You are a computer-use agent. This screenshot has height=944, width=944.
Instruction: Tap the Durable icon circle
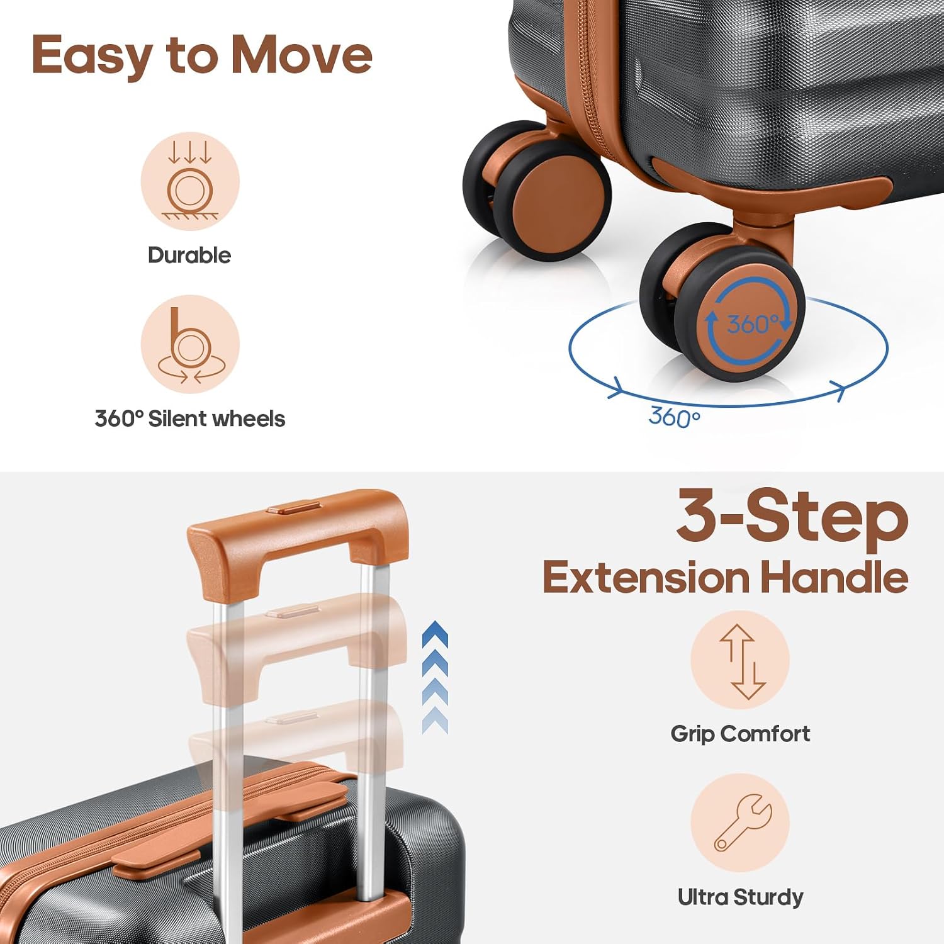click(189, 182)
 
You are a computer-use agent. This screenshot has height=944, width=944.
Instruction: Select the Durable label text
click(189, 255)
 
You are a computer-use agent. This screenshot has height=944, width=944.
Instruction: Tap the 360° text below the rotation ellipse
click(674, 417)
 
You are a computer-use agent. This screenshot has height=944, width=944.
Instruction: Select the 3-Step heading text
click(792, 517)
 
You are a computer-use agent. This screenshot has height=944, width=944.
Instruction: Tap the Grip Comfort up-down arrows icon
click(740, 660)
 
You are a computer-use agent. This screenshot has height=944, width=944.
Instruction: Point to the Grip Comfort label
click(740, 734)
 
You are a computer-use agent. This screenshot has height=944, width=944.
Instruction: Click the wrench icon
click(740, 823)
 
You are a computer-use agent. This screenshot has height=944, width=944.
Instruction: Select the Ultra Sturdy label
click(740, 897)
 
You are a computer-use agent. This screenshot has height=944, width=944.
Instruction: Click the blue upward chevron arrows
click(435, 677)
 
